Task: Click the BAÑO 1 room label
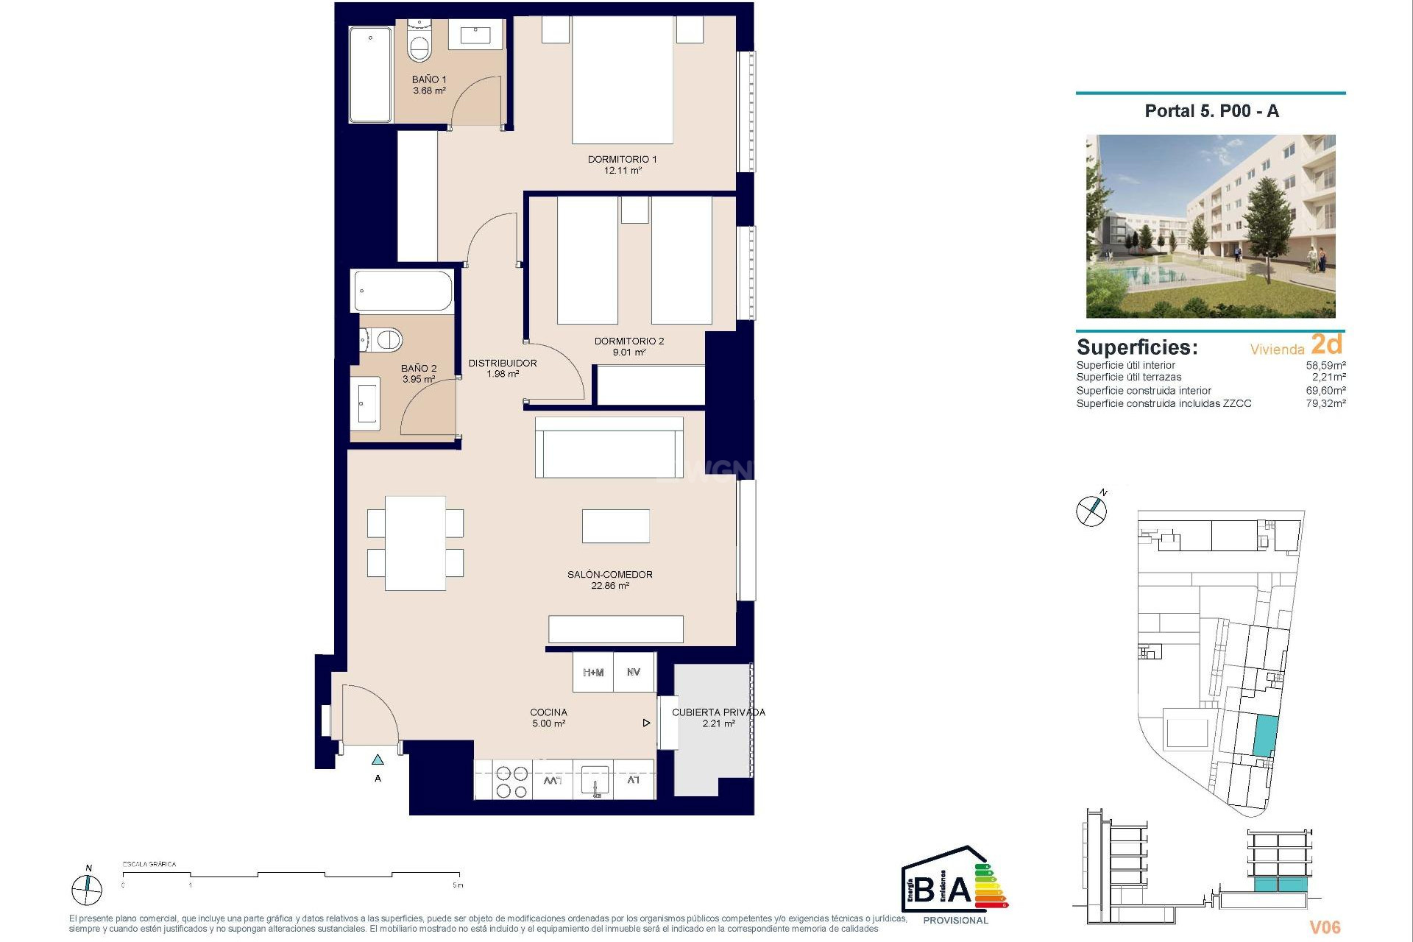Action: [428, 79]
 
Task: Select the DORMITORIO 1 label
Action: [622, 159]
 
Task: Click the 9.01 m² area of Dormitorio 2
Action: [629, 353]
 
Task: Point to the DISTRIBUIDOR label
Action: [503, 363]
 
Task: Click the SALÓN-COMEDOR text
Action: [609, 574]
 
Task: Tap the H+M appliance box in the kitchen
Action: [593, 672]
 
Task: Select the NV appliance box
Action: [634, 672]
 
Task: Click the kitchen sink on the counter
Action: [595, 779]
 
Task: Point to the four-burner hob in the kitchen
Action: [511, 782]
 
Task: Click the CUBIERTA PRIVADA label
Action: [718, 712]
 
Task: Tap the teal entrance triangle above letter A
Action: [378, 759]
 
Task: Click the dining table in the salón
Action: [415, 543]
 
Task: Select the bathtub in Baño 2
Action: [403, 291]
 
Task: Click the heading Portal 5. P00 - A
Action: [1211, 111]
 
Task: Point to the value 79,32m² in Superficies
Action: [1325, 403]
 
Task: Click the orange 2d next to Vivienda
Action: [1326, 344]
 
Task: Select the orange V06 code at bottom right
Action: [1324, 927]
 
